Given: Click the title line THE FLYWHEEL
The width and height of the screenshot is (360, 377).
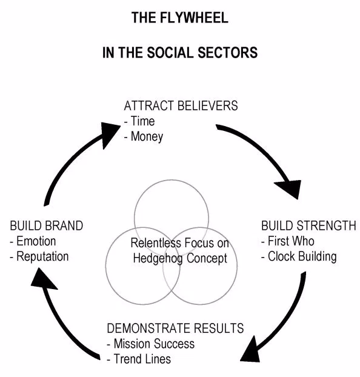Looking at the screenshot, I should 180,18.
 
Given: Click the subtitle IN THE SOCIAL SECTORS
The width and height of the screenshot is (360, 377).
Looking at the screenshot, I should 180,53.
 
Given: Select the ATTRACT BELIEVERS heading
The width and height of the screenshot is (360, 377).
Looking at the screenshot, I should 181,106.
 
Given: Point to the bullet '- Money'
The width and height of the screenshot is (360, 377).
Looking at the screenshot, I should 143,136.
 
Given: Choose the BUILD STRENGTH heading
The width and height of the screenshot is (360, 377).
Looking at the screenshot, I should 308,225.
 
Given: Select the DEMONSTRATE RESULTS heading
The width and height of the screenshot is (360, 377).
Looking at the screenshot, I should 175,329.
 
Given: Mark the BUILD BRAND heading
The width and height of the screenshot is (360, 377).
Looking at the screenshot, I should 47,225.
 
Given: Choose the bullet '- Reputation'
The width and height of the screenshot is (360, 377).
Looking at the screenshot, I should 39,256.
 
